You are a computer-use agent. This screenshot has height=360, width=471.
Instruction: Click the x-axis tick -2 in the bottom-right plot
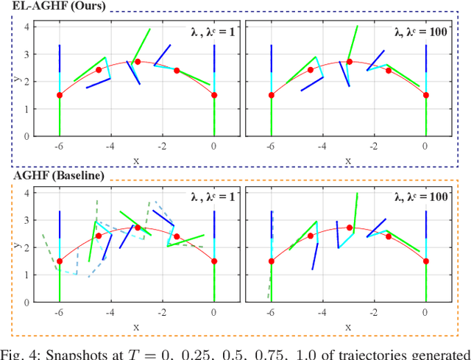374,311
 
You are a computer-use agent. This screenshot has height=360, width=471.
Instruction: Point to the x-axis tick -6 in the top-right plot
270,145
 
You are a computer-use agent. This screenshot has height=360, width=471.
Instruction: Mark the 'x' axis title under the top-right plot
348,159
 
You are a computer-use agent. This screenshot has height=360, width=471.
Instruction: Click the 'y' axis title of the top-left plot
16,81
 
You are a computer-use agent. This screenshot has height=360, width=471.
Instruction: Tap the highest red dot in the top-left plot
138,62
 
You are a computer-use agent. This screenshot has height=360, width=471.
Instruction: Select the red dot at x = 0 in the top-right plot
425,95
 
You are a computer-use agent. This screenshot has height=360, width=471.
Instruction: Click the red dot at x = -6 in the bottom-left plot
60,261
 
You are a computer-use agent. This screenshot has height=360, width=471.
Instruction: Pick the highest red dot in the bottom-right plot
350,227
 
